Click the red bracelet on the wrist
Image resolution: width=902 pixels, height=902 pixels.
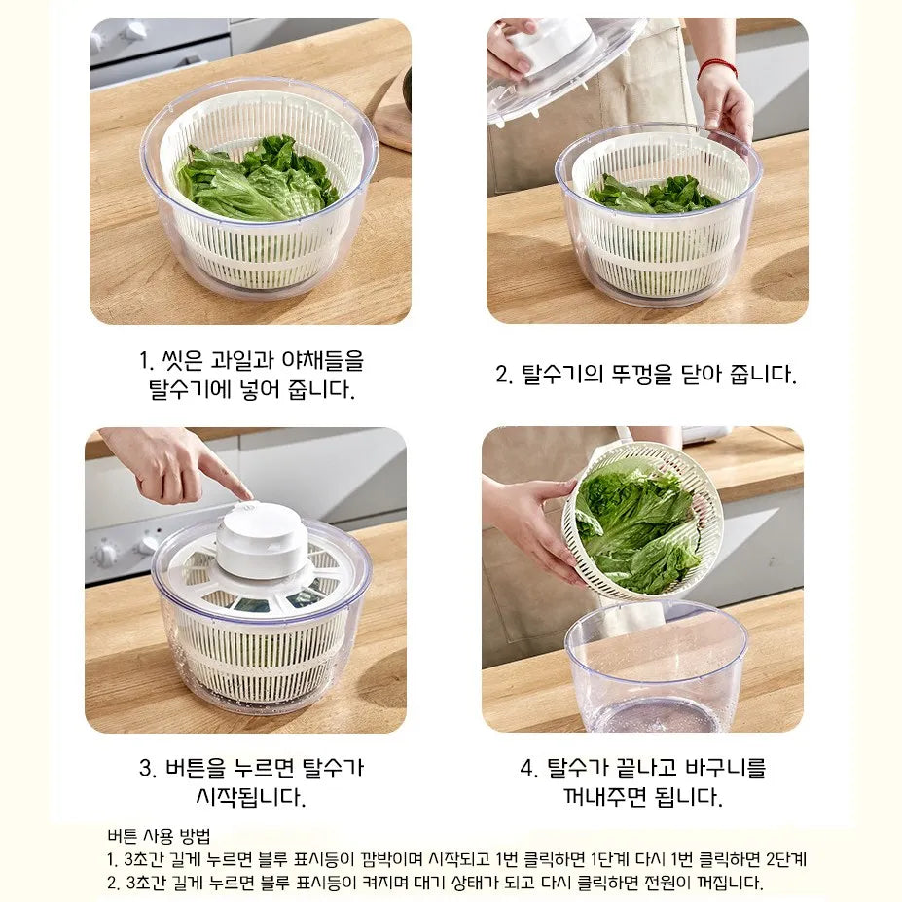click(717, 68)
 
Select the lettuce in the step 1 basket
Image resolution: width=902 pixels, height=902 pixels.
click(257, 178)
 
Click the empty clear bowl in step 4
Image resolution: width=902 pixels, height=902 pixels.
click(657, 667)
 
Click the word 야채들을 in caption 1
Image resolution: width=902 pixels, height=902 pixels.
click(323, 361)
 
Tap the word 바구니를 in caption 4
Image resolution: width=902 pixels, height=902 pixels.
click(726, 768)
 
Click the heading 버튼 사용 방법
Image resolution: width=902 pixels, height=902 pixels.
click(159, 835)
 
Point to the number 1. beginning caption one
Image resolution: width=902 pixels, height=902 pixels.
click(147, 361)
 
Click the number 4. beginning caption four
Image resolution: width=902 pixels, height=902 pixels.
click(529, 768)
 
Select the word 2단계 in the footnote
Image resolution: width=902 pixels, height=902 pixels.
click(786, 859)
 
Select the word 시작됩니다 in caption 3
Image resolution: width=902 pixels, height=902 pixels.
click(250, 797)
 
